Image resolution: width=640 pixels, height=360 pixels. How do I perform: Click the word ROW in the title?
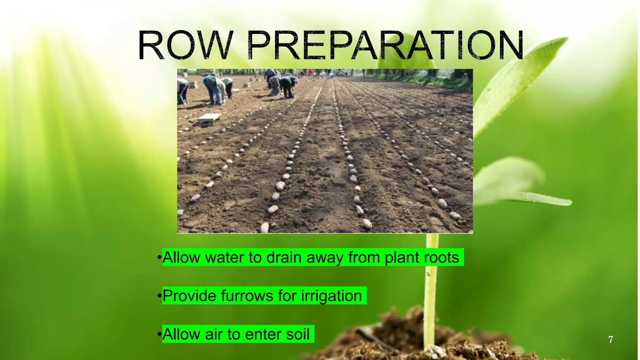(185, 45)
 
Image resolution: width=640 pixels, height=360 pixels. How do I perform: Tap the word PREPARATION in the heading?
(385, 45)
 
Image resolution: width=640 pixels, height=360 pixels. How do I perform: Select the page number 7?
(610, 339)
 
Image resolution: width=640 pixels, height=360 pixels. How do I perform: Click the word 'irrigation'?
(331, 296)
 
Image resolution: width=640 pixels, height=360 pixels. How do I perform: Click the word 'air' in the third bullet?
(213, 334)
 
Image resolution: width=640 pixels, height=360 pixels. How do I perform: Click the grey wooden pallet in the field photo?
(209, 119)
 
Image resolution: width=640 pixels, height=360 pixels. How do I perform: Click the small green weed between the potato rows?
(310, 140)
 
